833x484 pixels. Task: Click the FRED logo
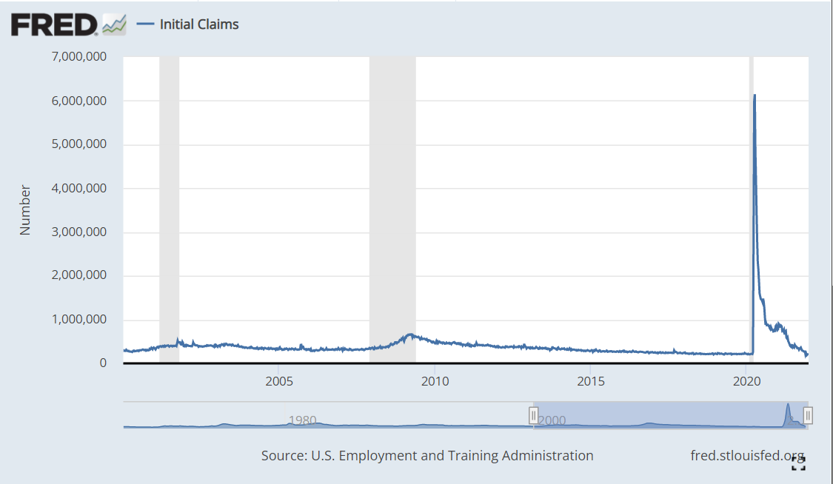pos(67,24)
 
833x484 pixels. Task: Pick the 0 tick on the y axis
pos(103,363)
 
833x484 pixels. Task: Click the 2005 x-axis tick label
pos(278,381)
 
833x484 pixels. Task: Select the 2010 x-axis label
pos(434,381)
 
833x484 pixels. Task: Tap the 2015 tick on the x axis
pos(590,381)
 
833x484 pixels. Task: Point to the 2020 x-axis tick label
pos(746,381)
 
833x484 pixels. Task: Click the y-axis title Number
pos(26,210)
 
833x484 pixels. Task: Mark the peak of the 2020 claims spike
pos(755,95)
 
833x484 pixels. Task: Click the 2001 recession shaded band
pos(169,207)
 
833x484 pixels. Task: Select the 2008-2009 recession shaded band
pos(392,207)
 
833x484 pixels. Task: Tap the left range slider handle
pos(533,415)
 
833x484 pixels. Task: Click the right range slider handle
pos(808,415)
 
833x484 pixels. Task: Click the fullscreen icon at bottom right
pos(798,464)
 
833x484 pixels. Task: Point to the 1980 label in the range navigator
pos(302,420)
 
